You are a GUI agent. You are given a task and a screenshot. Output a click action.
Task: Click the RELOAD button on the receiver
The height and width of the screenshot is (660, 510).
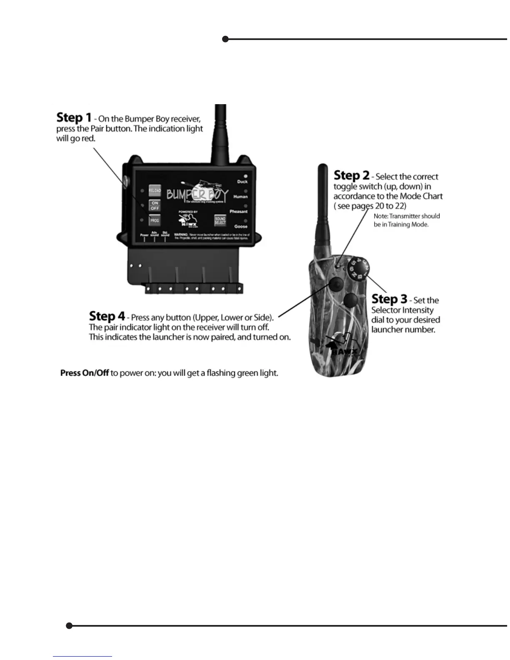click(x=155, y=190)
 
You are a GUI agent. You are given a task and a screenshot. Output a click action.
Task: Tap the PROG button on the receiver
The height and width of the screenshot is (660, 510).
click(x=155, y=220)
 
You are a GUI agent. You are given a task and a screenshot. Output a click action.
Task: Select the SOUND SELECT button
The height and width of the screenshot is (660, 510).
click(x=220, y=221)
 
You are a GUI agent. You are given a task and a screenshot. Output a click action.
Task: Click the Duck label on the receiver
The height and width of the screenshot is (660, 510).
click(x=242, y=182)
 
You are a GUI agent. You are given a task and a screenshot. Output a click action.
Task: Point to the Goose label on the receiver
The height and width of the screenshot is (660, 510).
click(x=241, y=227)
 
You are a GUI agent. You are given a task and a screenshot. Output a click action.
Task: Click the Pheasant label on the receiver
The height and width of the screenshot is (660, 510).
click(x=238, y=212)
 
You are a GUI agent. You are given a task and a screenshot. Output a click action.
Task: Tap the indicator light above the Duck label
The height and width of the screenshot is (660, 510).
click(x=246, y=176)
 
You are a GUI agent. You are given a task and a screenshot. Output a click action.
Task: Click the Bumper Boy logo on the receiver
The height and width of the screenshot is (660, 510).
click(x=197, y=194)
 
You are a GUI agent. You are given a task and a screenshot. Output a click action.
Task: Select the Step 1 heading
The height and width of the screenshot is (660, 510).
click(x=74, y=117)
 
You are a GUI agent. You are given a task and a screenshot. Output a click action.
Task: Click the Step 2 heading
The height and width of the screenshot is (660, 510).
click(x=351, y=175)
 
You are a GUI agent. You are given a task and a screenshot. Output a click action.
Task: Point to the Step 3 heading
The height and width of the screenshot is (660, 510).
click(x=389, y=299)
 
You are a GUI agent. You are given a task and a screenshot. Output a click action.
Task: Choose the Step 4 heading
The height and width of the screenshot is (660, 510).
click(x=107, y=316)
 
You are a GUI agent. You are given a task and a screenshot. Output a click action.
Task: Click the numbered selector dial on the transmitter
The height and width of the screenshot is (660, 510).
click(x=358, y=269)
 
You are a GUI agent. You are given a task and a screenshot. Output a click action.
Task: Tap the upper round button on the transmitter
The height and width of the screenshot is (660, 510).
click(x=335, y=285)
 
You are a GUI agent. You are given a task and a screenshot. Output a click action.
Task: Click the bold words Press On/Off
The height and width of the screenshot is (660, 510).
click(x=85, y=373)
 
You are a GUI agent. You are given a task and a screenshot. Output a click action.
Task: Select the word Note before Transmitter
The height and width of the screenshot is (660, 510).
click(x=380, y=216)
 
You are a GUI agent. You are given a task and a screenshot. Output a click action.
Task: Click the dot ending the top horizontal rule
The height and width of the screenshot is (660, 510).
click(x=225, y=39)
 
